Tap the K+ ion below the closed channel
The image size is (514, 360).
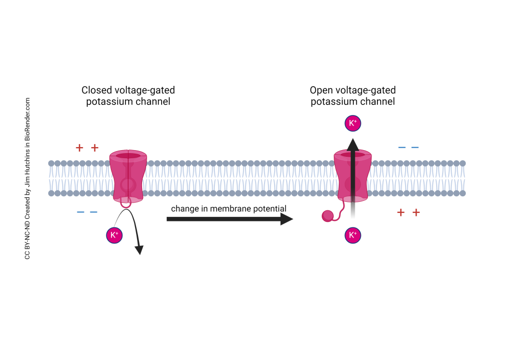coord(114,235)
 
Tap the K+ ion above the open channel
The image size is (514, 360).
coord(352,123)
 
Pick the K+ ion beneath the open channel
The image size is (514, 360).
coord(352,235)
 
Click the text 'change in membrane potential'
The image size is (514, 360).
coord(228,208)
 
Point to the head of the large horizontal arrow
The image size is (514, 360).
coord(287,219)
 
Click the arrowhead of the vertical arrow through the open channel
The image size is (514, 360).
coord(352,144)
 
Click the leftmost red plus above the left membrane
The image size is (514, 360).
coord(79,148)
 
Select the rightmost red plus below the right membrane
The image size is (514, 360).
coord(416,212)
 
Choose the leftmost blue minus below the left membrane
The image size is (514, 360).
coord(80,212)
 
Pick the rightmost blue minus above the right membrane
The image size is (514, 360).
coord(415,148)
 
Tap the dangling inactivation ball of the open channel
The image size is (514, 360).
coord(327,216)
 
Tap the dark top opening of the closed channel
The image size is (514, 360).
coord(128,156)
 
